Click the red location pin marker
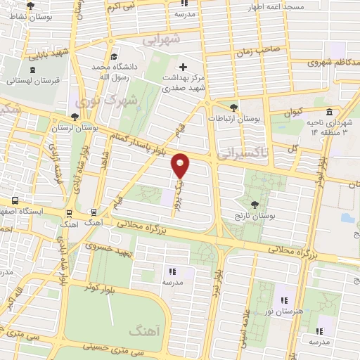(x=181, y=165)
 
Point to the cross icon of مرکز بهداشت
(x=184, y=66)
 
